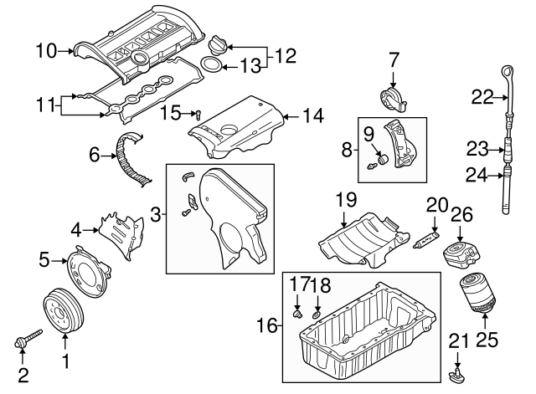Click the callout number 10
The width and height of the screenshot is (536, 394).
point(45,52)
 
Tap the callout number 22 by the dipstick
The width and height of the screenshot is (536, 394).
point(481,97)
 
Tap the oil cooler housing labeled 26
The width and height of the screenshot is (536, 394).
point(460,252)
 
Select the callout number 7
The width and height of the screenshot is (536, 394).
point(394,60)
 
